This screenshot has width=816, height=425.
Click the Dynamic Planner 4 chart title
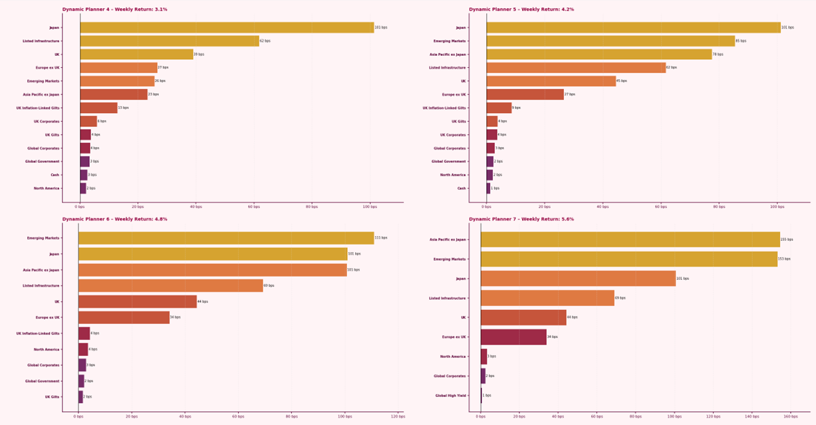[x=114, y=9]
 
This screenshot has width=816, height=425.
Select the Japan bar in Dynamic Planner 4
[x=227, y=27]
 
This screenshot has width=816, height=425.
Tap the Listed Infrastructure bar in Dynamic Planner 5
[x=576, y=67]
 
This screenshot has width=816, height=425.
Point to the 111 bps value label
[x=380, y=237]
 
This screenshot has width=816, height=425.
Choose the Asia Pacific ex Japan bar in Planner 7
[x=630, y=239]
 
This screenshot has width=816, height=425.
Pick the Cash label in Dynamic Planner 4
[x=55, y=175]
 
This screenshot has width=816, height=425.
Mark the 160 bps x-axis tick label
[x=790, y=416]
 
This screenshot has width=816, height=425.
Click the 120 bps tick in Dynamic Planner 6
[x=398, y=416]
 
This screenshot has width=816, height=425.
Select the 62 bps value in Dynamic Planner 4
[x=265, y=41]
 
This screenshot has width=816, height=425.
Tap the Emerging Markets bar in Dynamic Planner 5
[x=611, y=41]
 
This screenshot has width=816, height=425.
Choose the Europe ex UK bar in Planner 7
[x=513, y=337]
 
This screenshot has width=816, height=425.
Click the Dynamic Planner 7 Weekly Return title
[x=521, y=219]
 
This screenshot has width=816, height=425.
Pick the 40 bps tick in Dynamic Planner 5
[x=603, y=207]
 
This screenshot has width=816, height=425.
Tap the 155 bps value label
[x=787, y=239]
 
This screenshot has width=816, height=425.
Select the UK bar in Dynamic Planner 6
[x=138, y=301]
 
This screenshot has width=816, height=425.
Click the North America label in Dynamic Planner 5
[x=453, y=175]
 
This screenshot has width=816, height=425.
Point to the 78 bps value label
[x=718, y=55]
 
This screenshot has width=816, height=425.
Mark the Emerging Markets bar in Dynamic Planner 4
[x=117, y=81]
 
